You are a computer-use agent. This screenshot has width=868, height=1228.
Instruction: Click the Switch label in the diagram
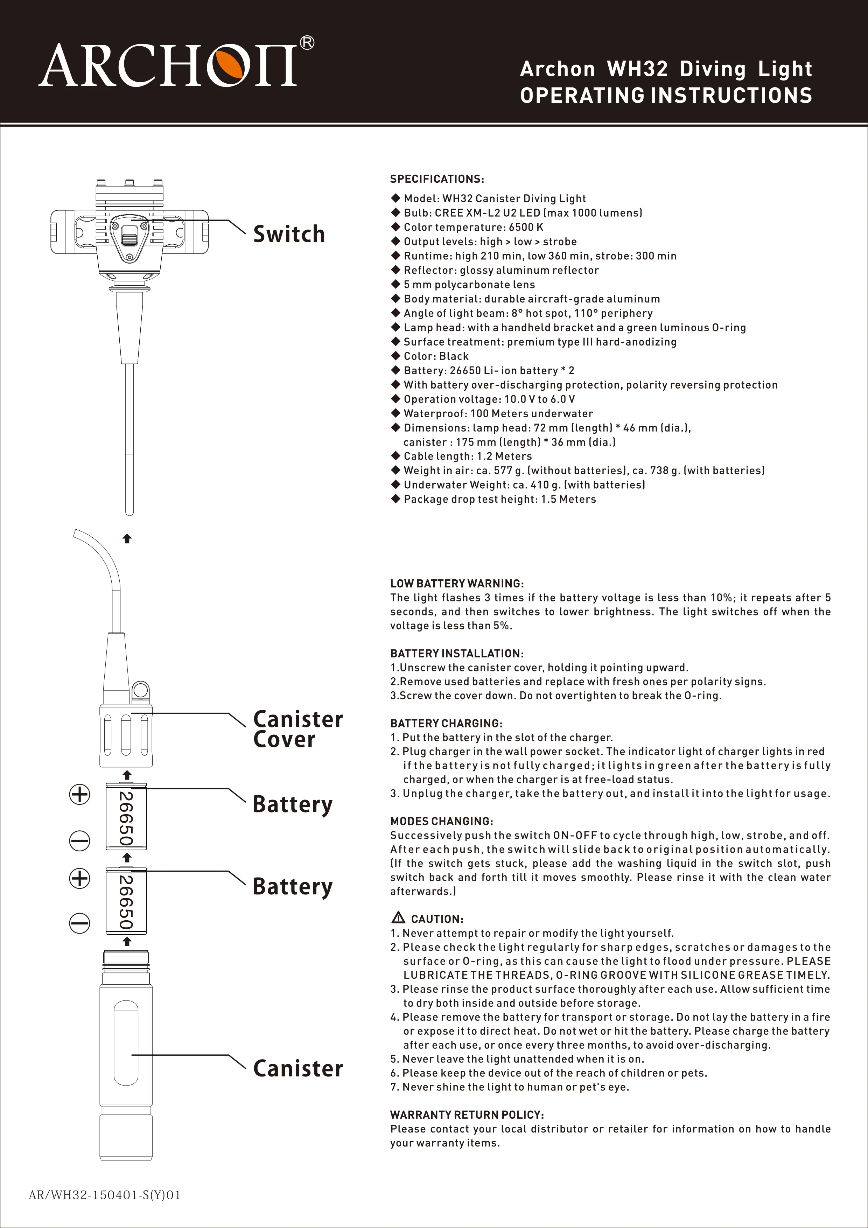(x=289, y=234)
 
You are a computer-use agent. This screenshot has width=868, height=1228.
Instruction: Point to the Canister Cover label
(x=297, y=730)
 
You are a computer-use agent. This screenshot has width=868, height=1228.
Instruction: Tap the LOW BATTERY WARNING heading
(x=457, y=584)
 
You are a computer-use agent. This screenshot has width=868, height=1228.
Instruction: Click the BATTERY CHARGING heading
(x=446, y=723)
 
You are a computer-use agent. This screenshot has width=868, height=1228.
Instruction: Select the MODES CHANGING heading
(x=441, y=821)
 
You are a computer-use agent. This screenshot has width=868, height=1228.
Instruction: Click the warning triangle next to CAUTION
(x=398, y=918)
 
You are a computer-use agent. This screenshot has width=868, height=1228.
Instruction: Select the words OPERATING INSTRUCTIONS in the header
(x=666, y=96)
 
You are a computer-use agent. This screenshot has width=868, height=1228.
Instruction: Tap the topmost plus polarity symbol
(x=79, y=794)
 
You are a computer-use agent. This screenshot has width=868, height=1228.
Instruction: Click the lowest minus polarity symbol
(x=79, y=923)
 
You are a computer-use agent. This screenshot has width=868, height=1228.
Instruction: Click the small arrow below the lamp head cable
(x=127, y=539)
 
